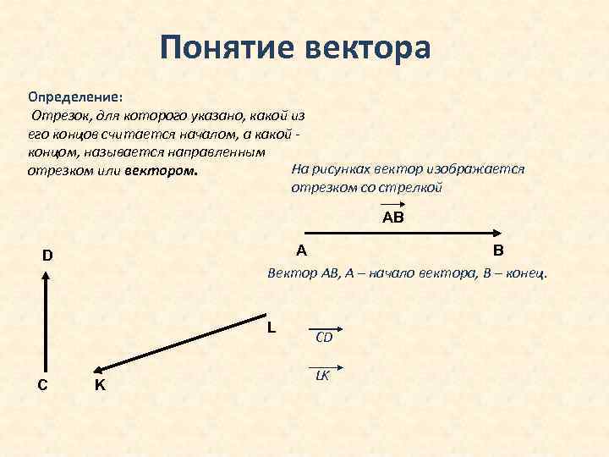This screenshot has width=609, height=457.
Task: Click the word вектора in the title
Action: point(365,47)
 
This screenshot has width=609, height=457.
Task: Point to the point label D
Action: point(47,256)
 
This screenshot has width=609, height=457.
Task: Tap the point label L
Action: point(271,327)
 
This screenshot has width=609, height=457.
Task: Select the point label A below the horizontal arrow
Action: point(301,251)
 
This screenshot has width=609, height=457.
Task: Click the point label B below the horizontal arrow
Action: point(497,251)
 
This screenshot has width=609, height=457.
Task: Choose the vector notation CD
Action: point(324,336)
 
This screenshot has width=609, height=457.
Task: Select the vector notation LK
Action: point(323,373)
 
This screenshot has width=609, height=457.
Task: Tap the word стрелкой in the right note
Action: point(416,187)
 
